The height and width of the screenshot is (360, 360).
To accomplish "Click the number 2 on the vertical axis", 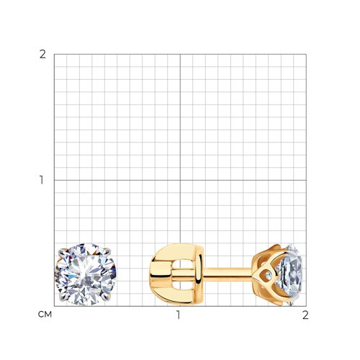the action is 42,55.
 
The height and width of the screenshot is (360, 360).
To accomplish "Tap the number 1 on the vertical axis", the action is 42,180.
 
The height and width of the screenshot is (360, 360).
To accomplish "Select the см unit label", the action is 45,315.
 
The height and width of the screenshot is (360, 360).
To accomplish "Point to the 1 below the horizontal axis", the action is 179,315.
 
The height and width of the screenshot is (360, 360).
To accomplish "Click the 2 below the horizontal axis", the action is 305,315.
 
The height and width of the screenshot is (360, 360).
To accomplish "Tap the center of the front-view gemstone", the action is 86,274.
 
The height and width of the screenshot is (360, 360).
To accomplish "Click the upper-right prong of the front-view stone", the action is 107,251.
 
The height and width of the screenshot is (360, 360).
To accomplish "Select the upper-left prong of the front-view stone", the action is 61,253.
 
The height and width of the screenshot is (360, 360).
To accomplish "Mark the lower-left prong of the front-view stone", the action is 62,298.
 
